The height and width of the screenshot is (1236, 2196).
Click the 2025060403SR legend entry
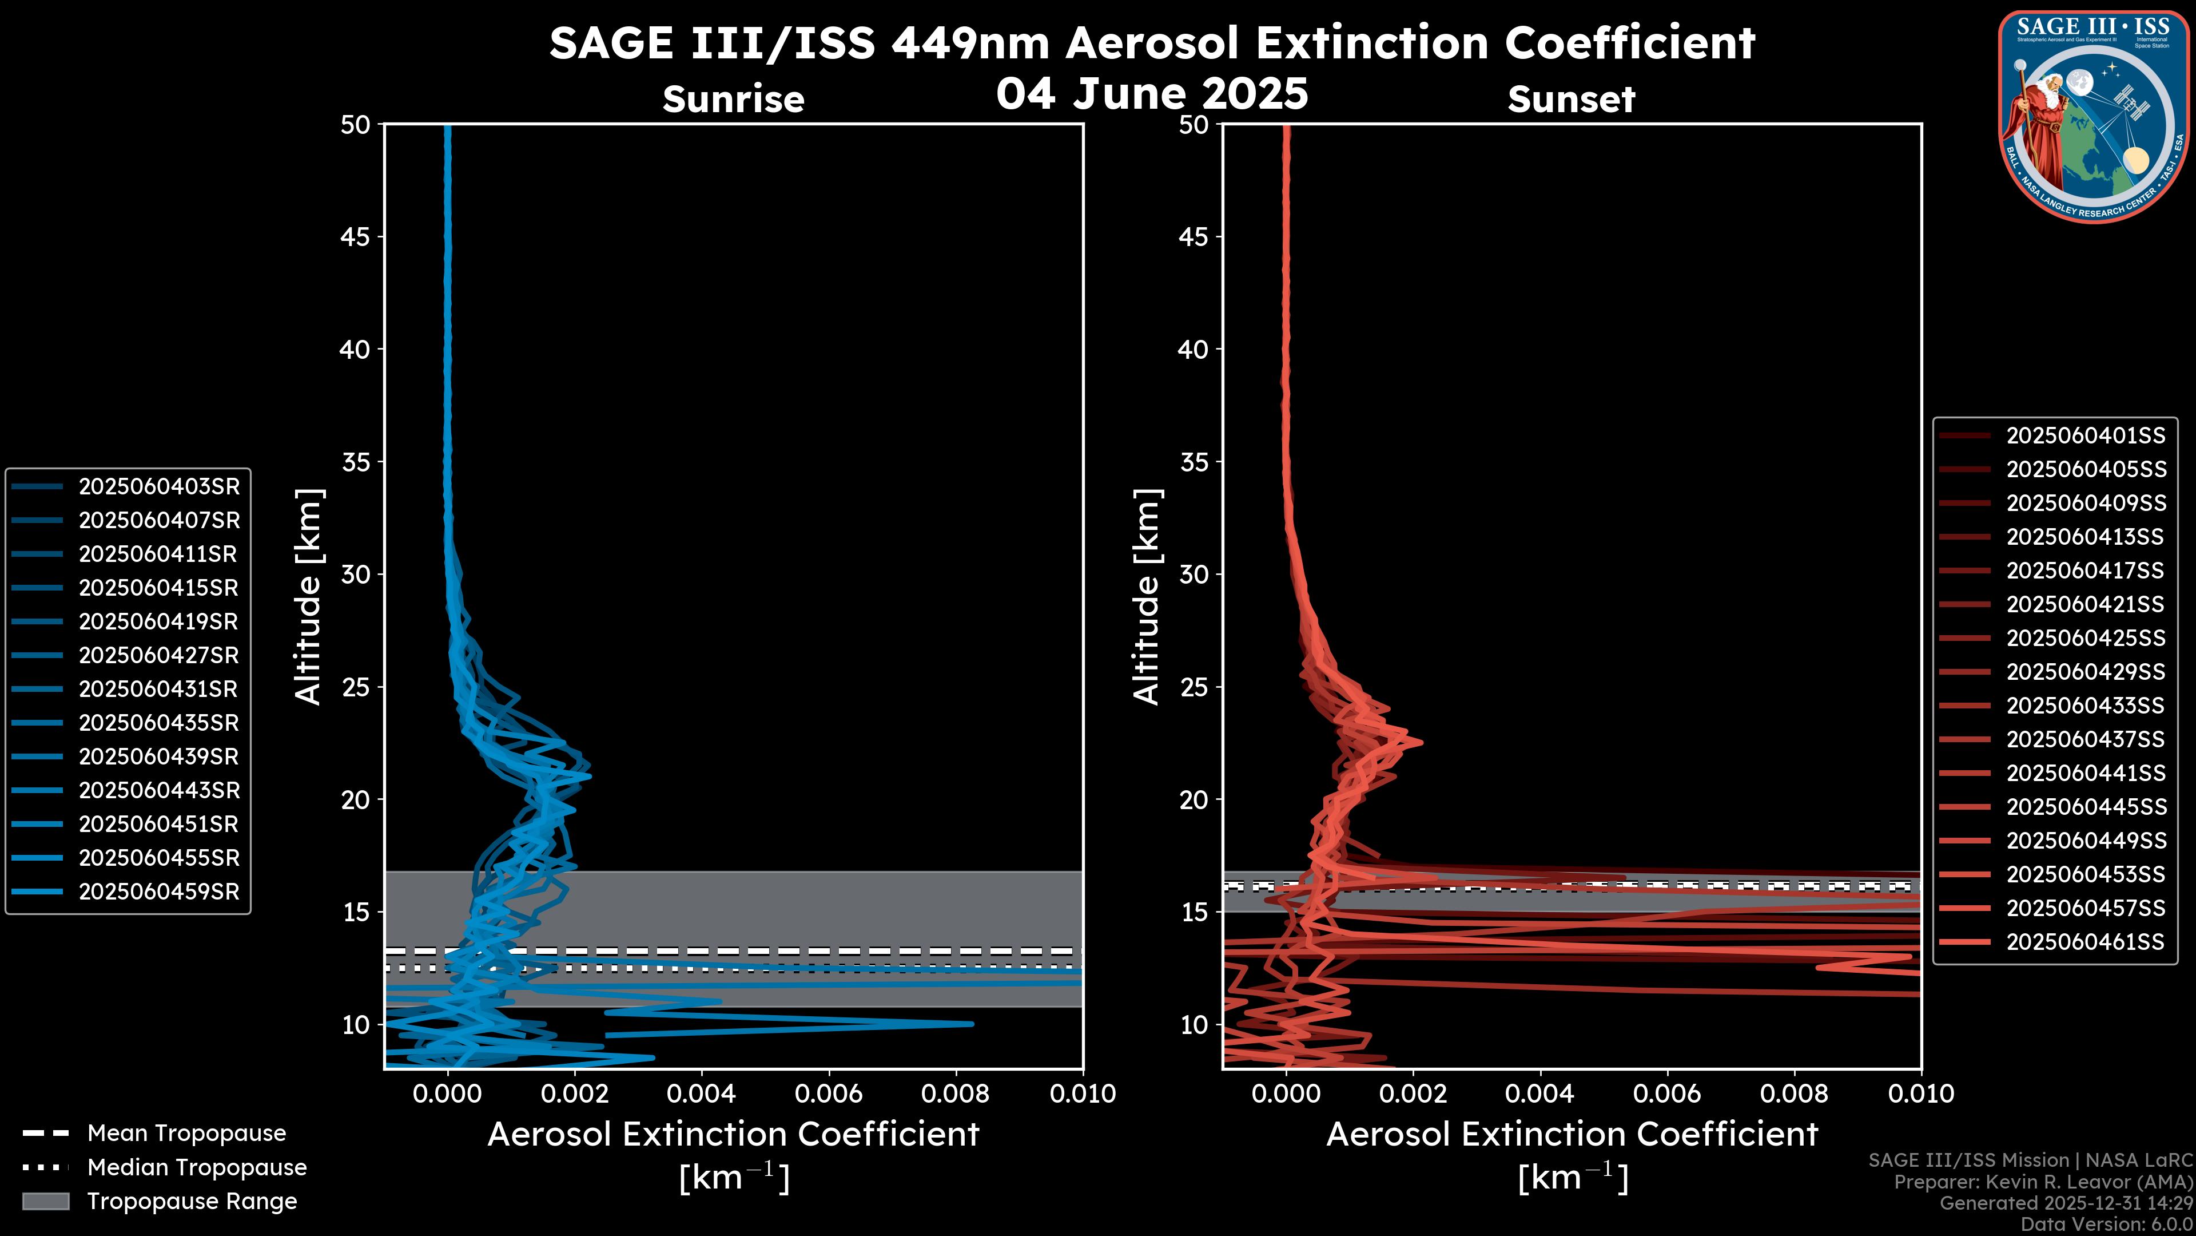point(158,487)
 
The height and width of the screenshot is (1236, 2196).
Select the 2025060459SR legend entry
point(158,892)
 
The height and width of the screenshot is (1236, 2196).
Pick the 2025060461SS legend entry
point(2085,942)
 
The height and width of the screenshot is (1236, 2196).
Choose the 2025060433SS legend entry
point(2085,706)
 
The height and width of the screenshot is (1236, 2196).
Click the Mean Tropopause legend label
point(186,1134)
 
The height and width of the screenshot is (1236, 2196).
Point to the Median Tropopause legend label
point(197,1168)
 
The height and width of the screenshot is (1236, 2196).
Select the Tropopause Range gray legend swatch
point(45,1202)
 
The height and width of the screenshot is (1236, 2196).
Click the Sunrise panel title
point(733,100)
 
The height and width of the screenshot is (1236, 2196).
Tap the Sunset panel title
point(1571,100)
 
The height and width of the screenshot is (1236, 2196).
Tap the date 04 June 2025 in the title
point(1152,93)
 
